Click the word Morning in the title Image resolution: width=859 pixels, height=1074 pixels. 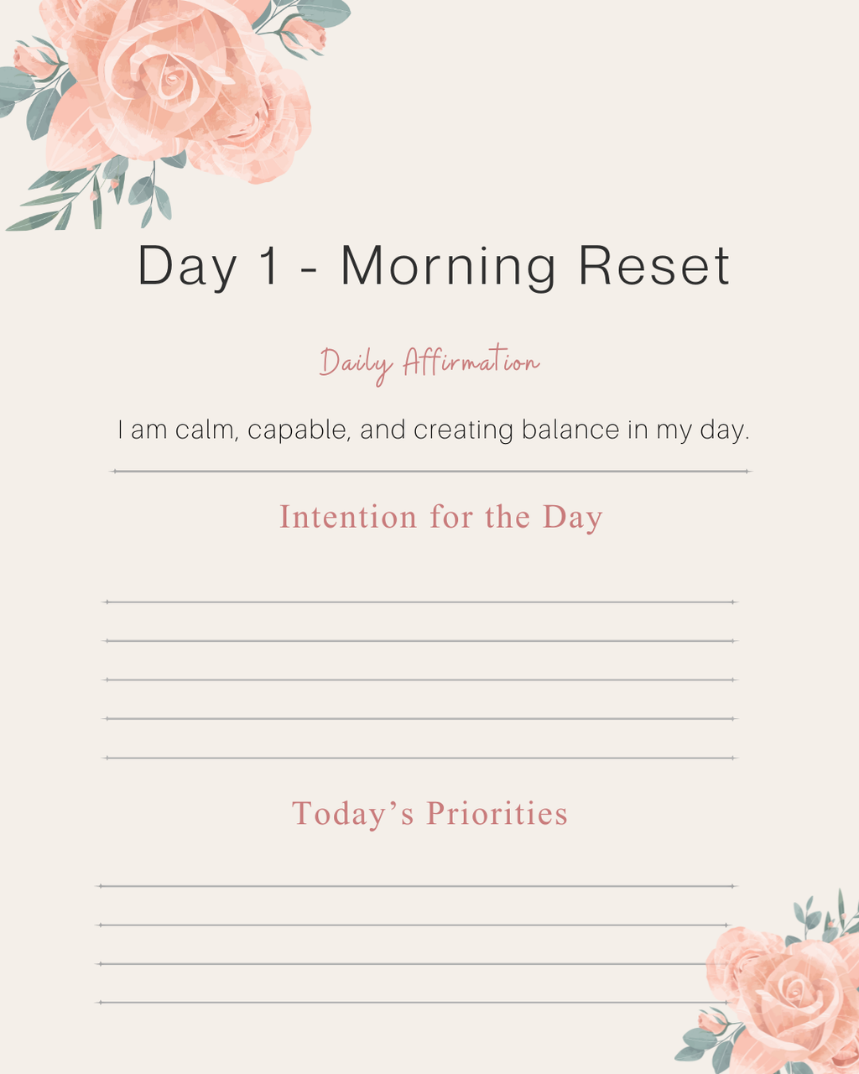pos(448,267)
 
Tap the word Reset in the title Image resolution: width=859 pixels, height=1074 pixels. pos(654,266)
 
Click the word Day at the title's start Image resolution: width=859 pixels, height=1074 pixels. pos(186,267)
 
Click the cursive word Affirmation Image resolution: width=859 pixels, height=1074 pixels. pos(471,362)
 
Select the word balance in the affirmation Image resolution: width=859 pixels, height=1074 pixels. pos(570,430)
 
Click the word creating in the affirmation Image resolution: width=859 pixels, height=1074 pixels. pos(463,430)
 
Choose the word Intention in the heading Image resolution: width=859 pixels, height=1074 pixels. pos(348,517)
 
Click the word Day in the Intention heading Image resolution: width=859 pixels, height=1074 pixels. pos(573,518)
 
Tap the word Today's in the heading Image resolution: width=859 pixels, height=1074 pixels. pos(353,814)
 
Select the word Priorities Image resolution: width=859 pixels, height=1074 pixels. pos(497,814)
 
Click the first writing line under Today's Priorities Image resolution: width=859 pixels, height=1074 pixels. pos(417,886)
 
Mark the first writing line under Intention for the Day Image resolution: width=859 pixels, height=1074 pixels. pos(419,602)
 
